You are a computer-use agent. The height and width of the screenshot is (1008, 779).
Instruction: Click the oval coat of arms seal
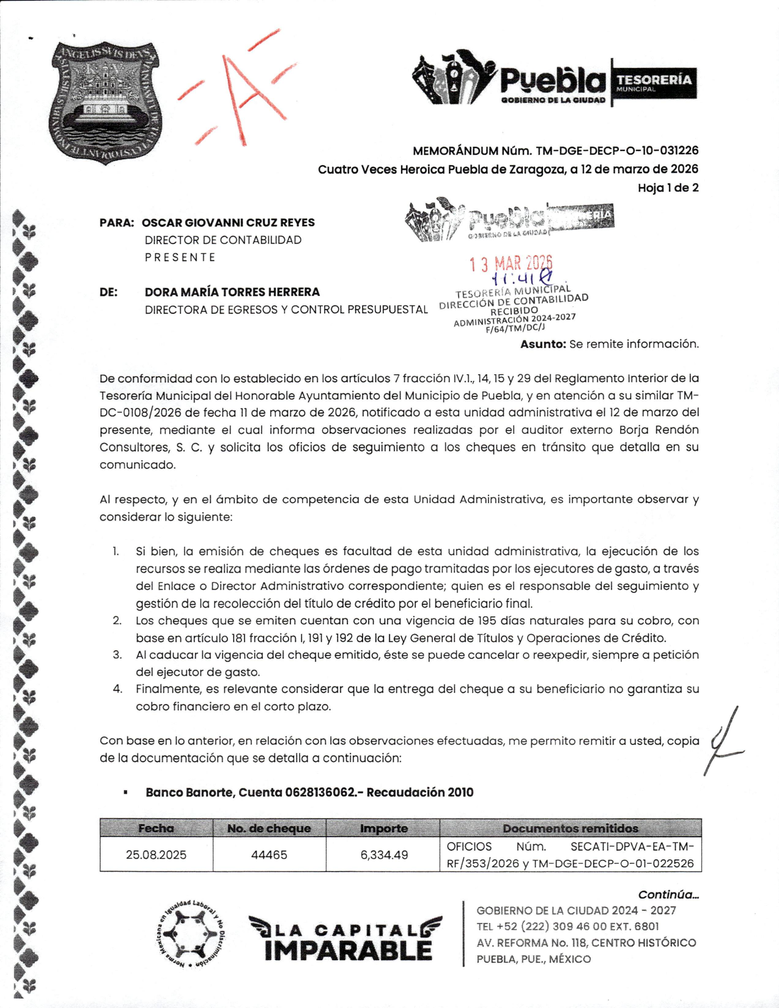(x=106, y=102)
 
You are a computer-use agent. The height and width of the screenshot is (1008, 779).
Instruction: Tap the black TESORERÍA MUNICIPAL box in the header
(x=654, y=83)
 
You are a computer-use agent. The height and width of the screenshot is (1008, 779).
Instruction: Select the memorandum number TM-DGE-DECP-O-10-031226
(x=617, y=150)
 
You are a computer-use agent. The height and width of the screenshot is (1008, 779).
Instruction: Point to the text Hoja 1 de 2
(x=668, y=188)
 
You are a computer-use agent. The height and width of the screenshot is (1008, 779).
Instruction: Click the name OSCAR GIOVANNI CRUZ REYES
(x=228, y=223)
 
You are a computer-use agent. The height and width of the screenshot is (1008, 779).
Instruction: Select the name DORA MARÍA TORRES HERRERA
(x=232, y=292)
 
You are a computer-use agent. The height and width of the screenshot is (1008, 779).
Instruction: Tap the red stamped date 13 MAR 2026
(x=511, y=264)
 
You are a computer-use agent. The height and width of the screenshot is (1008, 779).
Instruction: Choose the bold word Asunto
(x=543, y=344)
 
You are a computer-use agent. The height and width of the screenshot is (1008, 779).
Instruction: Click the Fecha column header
(x=156, y=828)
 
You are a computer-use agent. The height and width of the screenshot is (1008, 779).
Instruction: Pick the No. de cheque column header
(x=269, y=828)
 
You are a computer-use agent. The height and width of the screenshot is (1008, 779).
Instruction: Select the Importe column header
(x=383, y=828)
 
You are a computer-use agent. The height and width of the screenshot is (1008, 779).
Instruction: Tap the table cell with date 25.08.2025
(x=156, y=854)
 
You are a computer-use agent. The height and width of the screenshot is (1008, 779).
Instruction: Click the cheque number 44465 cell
(x=269, y=854)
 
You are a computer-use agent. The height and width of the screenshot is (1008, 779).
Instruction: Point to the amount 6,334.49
(x=383, y=854)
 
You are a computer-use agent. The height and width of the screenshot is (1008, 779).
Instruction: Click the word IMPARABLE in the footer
(x=348, y=950)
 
